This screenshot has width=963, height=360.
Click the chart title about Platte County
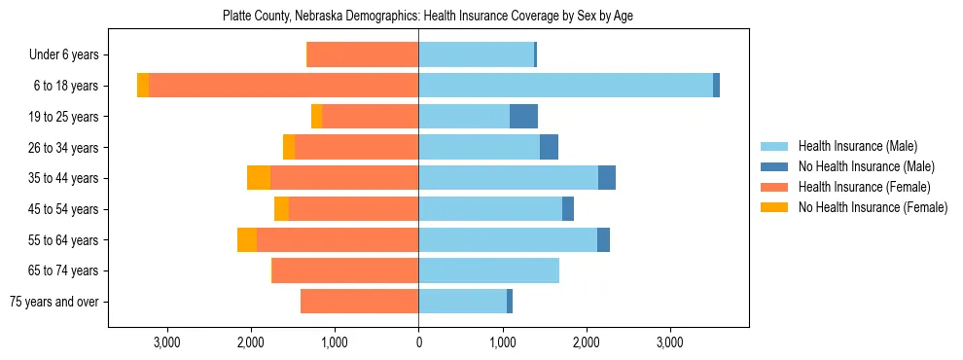[428, 17]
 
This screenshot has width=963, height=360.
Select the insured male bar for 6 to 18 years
[565, 86]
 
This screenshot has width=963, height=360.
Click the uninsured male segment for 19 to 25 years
[523, 117]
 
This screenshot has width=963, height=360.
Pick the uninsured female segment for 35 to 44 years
[259, 178]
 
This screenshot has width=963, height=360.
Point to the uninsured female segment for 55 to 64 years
[247, 239]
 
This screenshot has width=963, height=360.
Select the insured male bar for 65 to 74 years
[488, 270]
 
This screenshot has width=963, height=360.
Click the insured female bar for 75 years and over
[360, 302]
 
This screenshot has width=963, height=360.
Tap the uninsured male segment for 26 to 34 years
[549, 147]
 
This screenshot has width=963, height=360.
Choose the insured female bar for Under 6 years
[363, 54]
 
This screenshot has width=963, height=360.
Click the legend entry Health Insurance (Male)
[857, 146]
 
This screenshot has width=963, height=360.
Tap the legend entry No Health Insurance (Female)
[873, 207]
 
